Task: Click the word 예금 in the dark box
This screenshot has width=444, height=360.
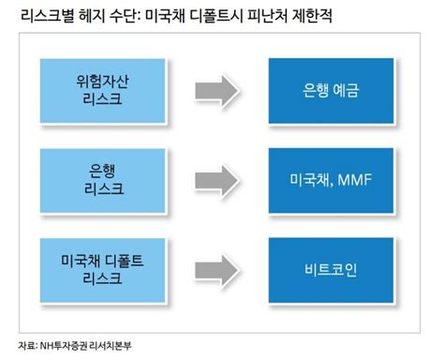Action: click(x=340, y=91)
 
